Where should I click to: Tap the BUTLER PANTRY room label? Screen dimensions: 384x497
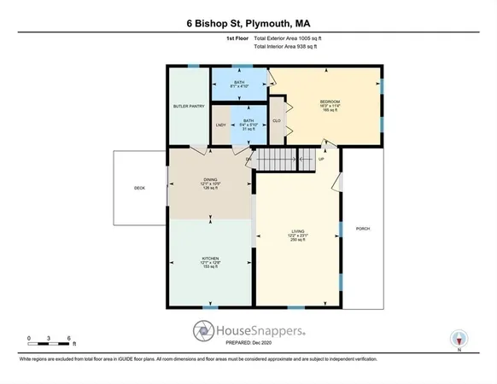pyautogui.click(x=188, y=107)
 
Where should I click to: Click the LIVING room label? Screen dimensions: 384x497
pyautogui.click(x=298, y=230)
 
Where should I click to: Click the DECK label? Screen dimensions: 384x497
pyautogui.click(x=138, y=188)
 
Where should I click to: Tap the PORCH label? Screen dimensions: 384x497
pyautogui.click(x=362, y=228)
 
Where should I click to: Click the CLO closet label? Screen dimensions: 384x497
pyautogui.click(x=277, y=120)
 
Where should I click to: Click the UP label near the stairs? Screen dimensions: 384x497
pyautogui.click(x=322, y=160)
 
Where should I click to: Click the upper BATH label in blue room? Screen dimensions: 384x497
pyautogui.click(x=239, y=83)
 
